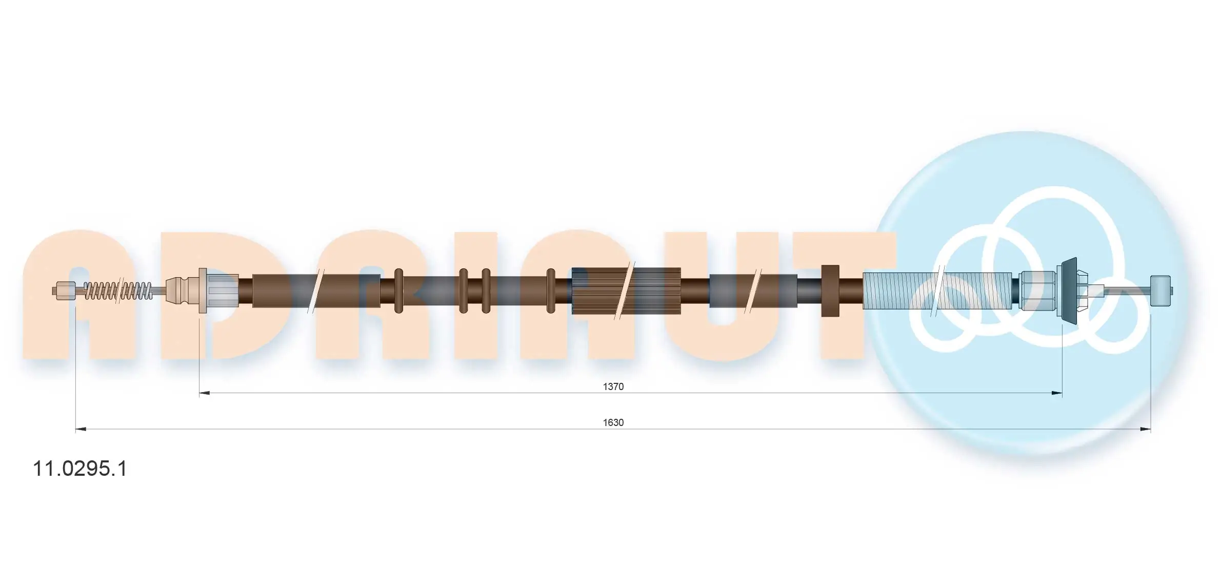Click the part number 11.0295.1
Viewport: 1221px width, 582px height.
click(x=79, y=469)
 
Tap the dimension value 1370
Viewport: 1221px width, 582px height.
click(x=613, y=386)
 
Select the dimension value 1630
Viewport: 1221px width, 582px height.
click(x=613, y=422)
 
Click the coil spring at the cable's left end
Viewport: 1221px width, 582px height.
click(x=118, y=291)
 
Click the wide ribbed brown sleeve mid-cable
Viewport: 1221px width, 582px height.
click(x=626, y=291)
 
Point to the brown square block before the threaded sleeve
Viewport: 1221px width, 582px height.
click(x=830, y=290)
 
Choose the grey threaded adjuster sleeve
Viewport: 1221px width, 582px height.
click(x=938, y=291)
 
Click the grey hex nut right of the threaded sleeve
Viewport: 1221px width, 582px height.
click(x=1037, y=290)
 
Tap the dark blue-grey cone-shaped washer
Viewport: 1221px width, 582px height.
click(x=1069, y=290)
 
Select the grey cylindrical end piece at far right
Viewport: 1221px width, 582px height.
click(x=1160, y=290)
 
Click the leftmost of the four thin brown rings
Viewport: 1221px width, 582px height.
click(x=398, y=290)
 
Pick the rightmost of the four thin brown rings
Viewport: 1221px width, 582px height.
click(x=551, y=290)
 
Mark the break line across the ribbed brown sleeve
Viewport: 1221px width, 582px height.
click(x=627, y=291)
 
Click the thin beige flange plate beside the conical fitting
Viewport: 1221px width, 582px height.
click(x=203, y=290)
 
